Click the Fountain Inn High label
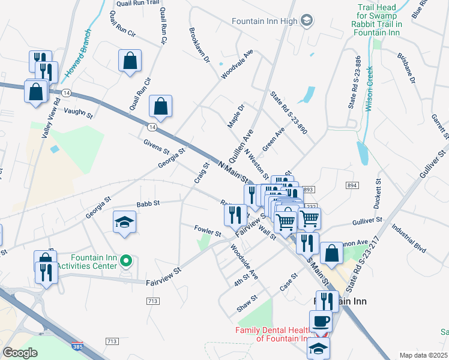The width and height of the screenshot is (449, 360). point(265,21)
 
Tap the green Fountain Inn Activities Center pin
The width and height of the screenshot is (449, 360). point(125,260)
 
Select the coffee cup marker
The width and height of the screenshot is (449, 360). point(321,320)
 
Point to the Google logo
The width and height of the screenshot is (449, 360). point(20,353)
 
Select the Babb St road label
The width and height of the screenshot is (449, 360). point(148,204)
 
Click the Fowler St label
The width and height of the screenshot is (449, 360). point(208,230)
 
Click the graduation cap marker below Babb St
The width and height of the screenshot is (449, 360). point(125,222)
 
